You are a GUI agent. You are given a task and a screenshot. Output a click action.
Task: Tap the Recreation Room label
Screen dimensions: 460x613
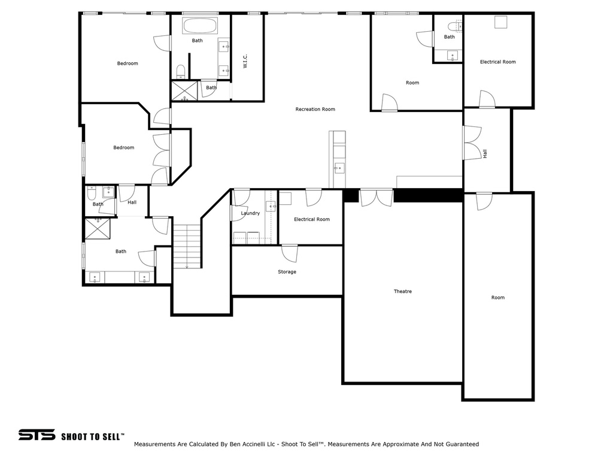(x=315, y=109)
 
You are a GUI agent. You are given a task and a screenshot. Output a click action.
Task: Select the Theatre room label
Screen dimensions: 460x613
(x=402, y=292)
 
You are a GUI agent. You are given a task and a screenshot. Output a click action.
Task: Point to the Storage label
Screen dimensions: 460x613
(x=287, y=272)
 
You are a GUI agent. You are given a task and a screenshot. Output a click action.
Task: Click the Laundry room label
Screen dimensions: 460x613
(x=250, y=213)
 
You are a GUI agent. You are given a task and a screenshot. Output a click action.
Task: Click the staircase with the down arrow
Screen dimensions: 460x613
(x=187, y=246)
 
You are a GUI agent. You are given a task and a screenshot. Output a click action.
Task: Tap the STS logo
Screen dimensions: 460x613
(x=36, y=435)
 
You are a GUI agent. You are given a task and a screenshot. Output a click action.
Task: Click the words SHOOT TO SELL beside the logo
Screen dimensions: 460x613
(x=93, y=436)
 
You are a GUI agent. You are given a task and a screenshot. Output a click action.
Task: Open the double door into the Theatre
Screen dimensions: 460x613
(x=377, y=197)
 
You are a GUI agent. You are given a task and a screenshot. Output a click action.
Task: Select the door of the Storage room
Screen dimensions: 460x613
(x=290, y=252)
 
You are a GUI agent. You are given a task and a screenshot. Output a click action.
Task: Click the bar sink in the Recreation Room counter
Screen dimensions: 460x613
(x=339, y=168)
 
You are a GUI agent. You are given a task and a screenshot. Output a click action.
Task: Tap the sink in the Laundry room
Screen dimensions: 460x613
(x=271, y=206)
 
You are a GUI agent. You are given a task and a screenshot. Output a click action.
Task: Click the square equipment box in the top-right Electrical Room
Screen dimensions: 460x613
(x=500, y=22)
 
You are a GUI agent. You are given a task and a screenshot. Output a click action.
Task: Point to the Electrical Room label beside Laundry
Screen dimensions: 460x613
(x=311, y=220)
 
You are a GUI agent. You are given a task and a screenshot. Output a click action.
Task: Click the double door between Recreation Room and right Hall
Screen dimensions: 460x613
(x=472, y=143)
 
